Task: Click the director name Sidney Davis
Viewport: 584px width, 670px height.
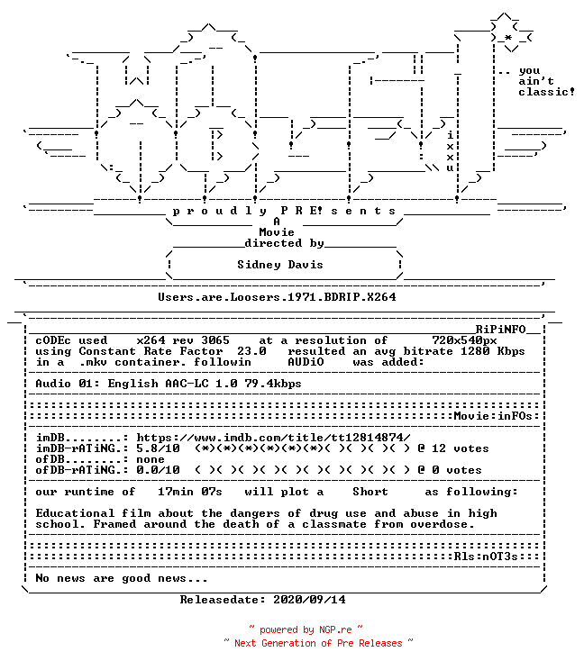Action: (280, 265)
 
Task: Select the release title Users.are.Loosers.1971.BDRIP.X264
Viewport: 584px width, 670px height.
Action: (277, 297)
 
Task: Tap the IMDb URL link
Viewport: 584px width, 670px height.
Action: (273, 438)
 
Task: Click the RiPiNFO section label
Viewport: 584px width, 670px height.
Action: (500, 330)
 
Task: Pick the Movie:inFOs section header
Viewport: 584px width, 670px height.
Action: (493, 416)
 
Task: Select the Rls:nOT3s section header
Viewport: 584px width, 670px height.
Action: (486, 557)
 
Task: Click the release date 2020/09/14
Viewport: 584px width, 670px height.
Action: (309, 600)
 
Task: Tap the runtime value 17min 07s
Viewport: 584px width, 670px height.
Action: (190, 492)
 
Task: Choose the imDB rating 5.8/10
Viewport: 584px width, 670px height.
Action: (159, 448)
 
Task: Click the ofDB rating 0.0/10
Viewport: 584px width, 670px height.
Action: (159, 470)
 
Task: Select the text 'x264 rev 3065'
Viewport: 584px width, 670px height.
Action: (183, 340)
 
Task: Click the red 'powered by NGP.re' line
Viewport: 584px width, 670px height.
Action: (306, 629)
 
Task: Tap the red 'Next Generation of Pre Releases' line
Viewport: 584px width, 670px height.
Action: (318, 643)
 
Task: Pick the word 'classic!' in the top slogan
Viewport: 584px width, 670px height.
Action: (546, 92)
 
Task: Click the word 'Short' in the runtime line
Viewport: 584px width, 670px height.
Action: (370, 492)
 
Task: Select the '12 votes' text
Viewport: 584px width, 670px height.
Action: (460, 448)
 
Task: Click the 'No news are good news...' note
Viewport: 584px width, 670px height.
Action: (122, 578)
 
